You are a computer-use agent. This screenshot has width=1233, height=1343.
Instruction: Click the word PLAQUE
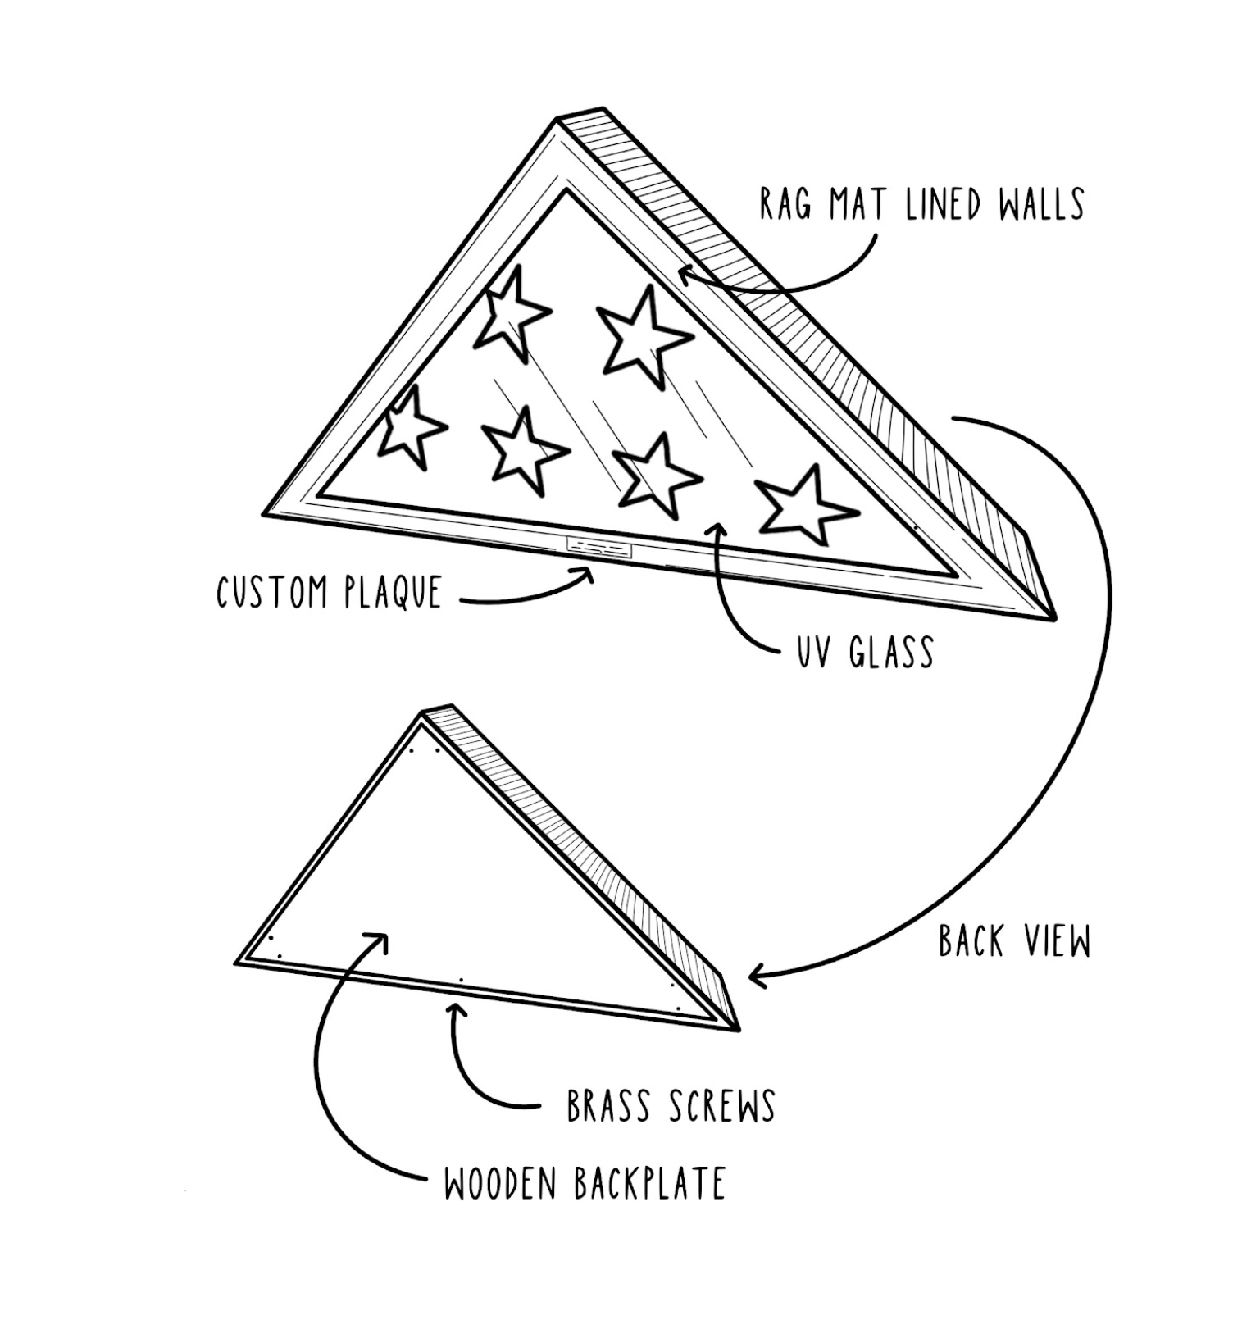[393, 592]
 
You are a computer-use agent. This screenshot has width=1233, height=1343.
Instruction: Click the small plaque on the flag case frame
[599, 547]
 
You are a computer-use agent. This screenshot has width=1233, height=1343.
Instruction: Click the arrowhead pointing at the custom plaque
[588, 573]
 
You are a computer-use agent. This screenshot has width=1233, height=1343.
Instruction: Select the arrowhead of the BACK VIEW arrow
[756, 976]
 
